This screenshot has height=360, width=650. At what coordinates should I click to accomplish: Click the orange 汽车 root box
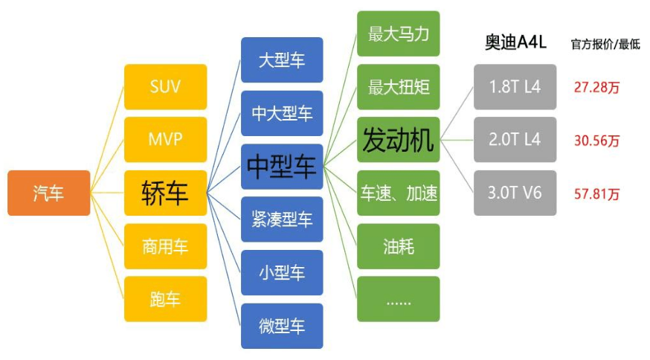[x=48, y=193]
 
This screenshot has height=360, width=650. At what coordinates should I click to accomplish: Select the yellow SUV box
[x=165, y=86]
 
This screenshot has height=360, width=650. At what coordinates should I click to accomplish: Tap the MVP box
[x=165, y=139]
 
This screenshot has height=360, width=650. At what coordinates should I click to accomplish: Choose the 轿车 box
[x=165, y=193]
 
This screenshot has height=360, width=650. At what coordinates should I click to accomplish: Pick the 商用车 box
[x=165, y=246]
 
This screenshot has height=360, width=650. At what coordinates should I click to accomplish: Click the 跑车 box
[x=165, y=299]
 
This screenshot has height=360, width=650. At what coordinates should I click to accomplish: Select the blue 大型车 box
[x=282, y=60]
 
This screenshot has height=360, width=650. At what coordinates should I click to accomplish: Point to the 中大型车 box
[x=282, y=113]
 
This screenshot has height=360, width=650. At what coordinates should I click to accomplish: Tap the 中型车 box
[x=282, y=167]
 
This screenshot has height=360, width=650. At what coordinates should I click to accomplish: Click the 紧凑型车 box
[x=282, y=219]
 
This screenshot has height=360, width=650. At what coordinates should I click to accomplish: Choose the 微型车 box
[x=282, y=326]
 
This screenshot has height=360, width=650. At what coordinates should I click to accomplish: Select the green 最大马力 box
[x=398, y=33]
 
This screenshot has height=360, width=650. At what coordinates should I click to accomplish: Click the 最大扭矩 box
[x=398, y=86]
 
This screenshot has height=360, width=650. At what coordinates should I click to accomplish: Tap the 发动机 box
[x=398, y=140]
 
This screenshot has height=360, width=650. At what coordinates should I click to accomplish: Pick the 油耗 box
[x=398, y=246]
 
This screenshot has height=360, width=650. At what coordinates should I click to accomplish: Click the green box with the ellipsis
[x=398, y=299]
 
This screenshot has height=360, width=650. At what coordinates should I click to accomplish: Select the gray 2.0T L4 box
[x=515, y=140]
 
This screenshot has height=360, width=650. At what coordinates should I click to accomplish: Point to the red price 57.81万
[x=596, y=194]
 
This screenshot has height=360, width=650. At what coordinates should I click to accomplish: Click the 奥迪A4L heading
[x=515, y=42]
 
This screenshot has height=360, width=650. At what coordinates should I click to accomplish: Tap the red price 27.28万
[x=596, y=87]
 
